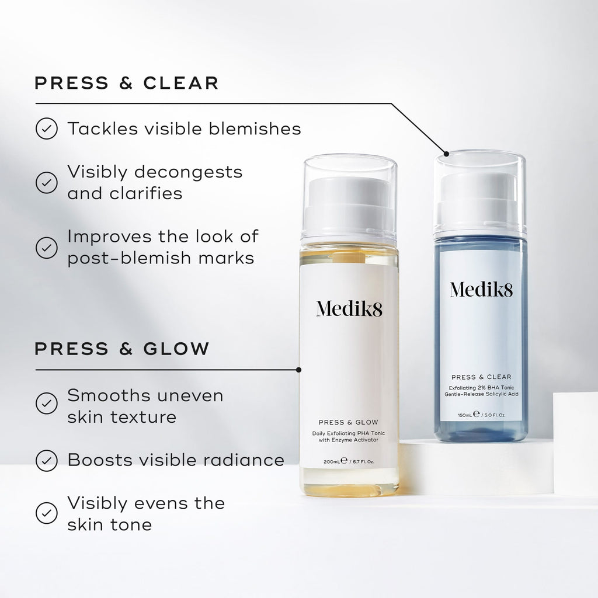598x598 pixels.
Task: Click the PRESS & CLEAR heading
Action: [x=126, y=83]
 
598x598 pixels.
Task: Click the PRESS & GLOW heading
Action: [x=121, y=349]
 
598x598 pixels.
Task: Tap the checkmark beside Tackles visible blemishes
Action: [x=47, y=128]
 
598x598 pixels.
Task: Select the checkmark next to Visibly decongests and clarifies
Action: [x=47, y=182]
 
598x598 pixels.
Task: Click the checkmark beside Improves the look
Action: [x=47, y=247]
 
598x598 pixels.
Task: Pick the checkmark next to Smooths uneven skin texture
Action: [x=47, y=403]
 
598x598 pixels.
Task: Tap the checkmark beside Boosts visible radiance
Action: [x=47, y=460]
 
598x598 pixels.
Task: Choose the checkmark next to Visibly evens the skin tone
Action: [x=47, y=513]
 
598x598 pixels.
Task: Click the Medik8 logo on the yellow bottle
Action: [x=349, y=308]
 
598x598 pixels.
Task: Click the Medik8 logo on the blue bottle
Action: [x=481, y=288]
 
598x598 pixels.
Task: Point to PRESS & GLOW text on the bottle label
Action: [x=349, y=422]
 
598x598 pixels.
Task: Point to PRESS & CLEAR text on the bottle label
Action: [x=481, y=377]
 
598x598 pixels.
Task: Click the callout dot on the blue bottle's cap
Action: [x=446, y=154]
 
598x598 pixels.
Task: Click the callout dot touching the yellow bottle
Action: [x=299, y=370]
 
